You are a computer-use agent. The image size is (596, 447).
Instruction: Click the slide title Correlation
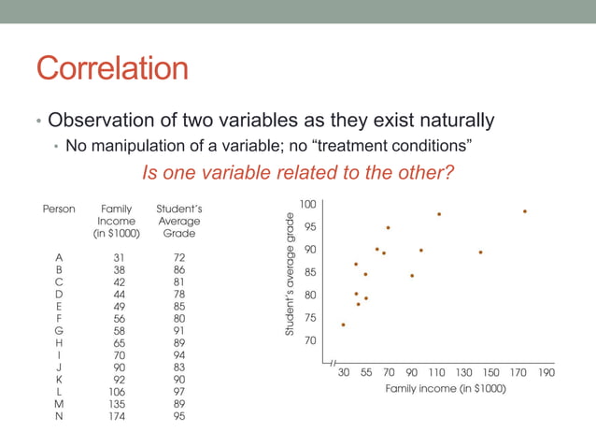tap(112, 70)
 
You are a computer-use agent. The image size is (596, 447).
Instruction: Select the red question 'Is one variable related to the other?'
tap(297, 173)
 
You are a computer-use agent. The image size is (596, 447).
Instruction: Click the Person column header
tap(59, 209)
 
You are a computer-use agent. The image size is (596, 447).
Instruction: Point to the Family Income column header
tap(117, 221)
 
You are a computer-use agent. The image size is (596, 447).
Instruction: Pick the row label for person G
tap(59, 330)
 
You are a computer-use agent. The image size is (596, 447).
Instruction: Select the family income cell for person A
tap(118, 257)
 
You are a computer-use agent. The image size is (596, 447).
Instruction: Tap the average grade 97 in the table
tap(178, 391)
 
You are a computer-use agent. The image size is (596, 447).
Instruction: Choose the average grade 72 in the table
tap(178, 257)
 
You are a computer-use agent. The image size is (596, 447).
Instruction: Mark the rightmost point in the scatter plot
tap(525, 211)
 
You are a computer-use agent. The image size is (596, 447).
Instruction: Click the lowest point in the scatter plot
tap(344, 324)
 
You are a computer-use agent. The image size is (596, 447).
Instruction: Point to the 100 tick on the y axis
tap(307, 203)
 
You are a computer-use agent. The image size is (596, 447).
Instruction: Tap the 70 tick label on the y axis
tap(309, 340)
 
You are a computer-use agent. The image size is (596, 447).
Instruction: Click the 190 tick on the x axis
tap(546, 372)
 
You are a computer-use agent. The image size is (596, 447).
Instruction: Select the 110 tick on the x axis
tap(437, 372)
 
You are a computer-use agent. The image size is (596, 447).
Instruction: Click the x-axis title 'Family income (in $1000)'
tap(446, 388)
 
